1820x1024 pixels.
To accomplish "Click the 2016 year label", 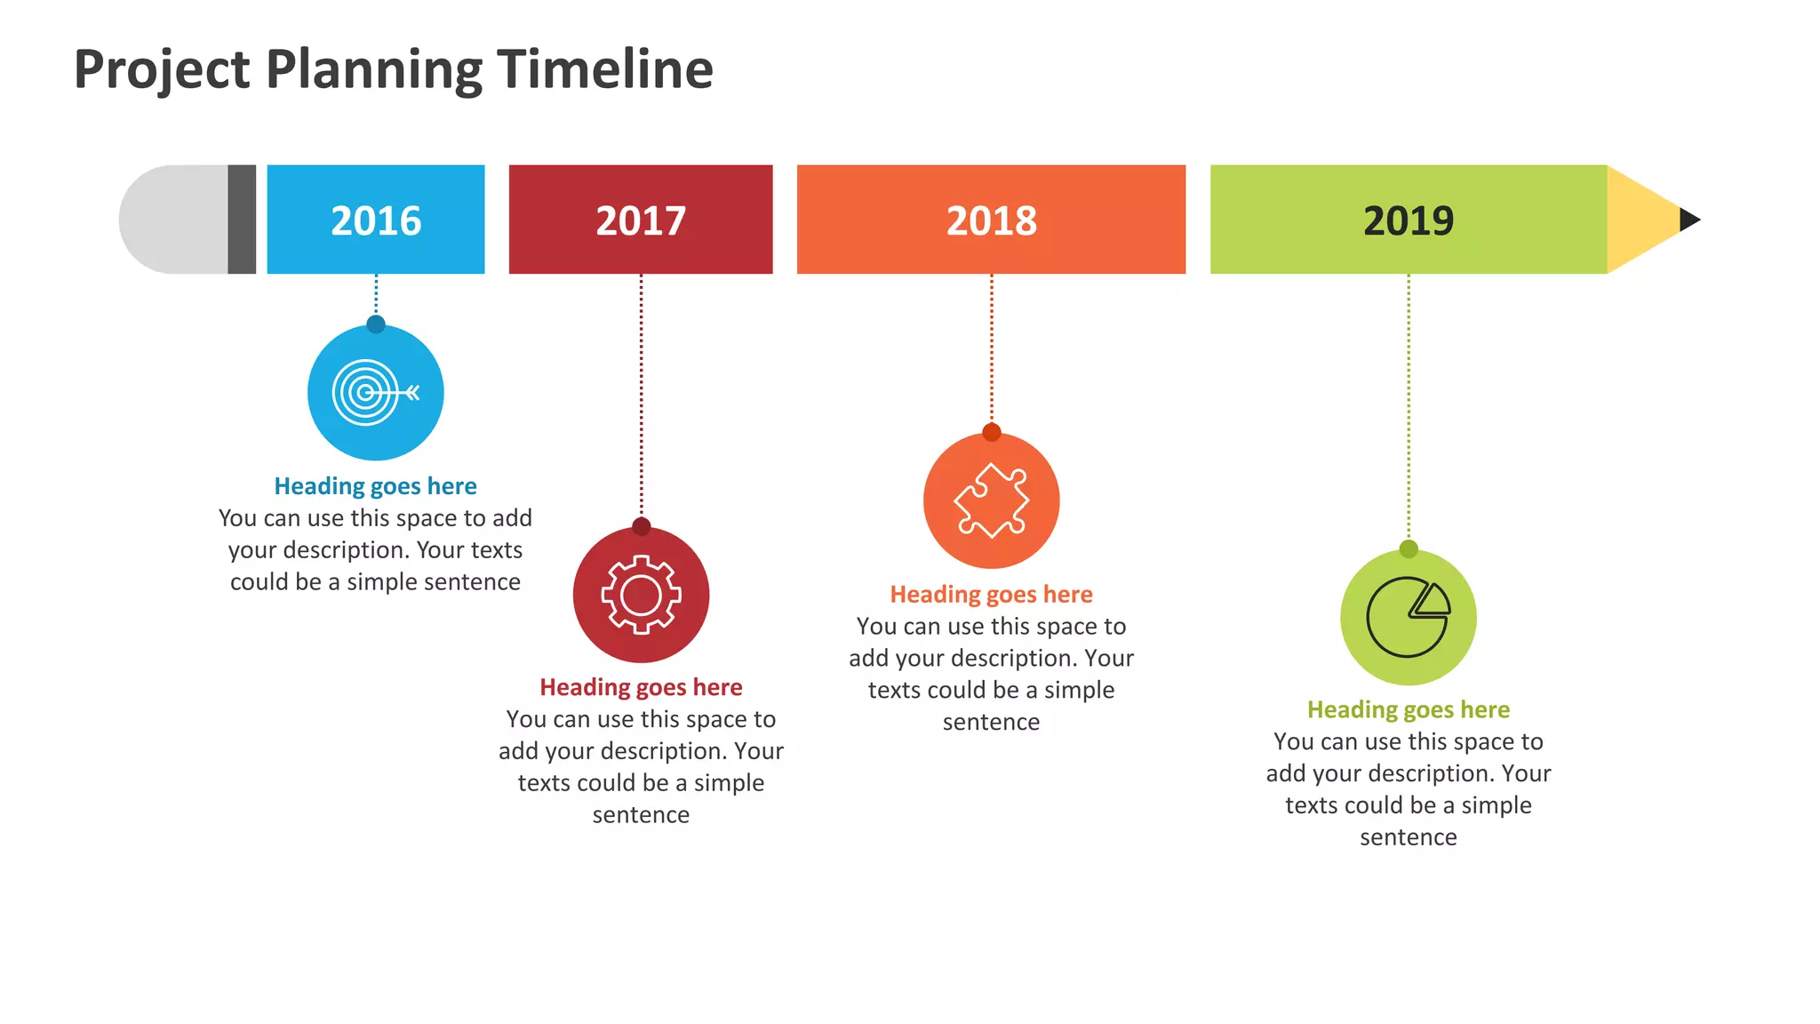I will coord(376,220).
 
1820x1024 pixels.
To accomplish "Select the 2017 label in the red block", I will coord(641,220).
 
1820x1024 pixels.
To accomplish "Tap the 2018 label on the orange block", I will coord(991,220).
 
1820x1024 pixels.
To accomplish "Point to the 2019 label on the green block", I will coord(1409,220).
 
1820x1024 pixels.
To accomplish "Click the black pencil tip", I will coord(1688,220).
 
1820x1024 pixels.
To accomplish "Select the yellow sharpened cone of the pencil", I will coord(1640,220).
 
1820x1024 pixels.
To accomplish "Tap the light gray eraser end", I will coord(173,220).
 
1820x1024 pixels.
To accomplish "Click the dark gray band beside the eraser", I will coord(242,220).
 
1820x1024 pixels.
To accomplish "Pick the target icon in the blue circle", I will coord(374,392).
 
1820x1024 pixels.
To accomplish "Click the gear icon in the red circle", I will coord(641,595).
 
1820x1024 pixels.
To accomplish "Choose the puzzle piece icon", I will coord(991,500).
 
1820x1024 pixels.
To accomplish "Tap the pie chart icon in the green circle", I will coord(1409,617).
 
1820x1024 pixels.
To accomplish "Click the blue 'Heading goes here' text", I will coord(375,486).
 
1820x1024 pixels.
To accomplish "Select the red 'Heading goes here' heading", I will coord(641,687).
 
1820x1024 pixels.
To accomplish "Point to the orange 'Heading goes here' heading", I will coord(991,594).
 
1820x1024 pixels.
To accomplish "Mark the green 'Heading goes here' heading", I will coord(1409,709).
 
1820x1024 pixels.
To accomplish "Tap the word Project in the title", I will coord(162,69).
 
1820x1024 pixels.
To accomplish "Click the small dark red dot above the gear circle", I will coord(641,526).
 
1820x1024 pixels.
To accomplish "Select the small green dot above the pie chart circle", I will coord(1409,548).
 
